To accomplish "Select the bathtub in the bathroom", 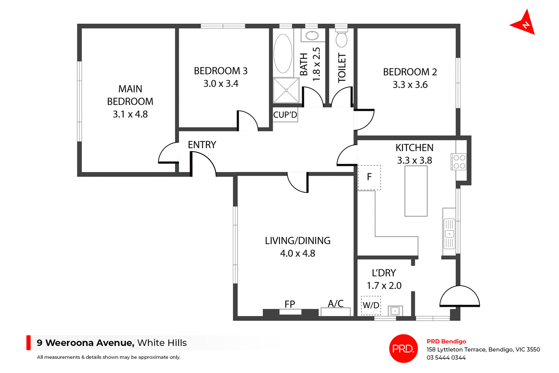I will [283, 54].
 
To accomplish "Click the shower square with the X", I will [286, 91].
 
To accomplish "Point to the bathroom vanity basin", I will [312, 36].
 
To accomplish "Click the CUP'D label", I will [285, 115].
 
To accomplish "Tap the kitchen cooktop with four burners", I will [459, 162].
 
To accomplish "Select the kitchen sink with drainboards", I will [449, 234].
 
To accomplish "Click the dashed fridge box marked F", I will [369, 177].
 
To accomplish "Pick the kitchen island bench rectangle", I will [416, 191].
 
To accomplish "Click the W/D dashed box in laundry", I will [371, 305].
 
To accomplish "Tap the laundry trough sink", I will [395, 311].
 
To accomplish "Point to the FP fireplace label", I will [290, 304].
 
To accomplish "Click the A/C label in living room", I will [336, 304].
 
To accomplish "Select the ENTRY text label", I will [202, 145].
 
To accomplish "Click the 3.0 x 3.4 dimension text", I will [221, 84].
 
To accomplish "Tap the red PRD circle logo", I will [403, 349].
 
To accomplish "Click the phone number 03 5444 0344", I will [446, 358].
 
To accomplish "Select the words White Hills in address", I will [162, 343].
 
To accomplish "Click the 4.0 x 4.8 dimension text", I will [298, 254].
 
